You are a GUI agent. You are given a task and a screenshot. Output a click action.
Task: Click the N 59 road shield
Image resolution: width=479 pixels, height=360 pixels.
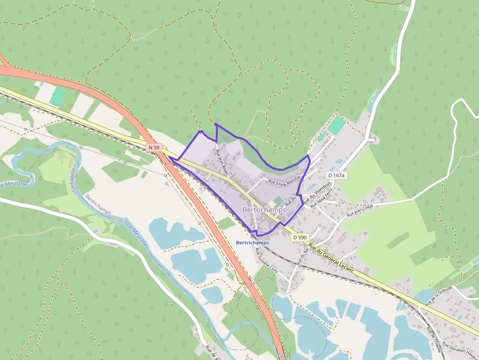(x=153, y=147)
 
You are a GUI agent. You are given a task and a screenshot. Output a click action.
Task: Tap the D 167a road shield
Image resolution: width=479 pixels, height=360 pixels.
(x=336, y=175)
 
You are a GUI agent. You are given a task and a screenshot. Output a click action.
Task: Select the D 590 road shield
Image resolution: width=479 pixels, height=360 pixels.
(x=301, y=237)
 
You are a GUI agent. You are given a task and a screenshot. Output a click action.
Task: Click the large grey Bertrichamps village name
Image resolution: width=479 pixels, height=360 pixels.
(x=264, y=210)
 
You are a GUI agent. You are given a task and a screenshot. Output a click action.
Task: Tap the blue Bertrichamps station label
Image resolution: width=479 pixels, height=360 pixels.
(x=252, y=242)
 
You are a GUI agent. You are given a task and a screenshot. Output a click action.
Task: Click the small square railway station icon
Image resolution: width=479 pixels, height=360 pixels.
(x=253, y=235)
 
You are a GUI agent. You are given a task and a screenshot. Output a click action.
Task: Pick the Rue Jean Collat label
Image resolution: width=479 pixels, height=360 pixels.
(x=360, y=210)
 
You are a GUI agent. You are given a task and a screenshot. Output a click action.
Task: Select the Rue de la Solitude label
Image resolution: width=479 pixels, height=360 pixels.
(x=438, y=296)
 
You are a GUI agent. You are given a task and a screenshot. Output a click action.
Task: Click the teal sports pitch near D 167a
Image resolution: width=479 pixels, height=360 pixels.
(x=336, y=125)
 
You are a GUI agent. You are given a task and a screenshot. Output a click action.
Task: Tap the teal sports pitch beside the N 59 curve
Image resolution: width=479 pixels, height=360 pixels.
(x=57, y=97)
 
